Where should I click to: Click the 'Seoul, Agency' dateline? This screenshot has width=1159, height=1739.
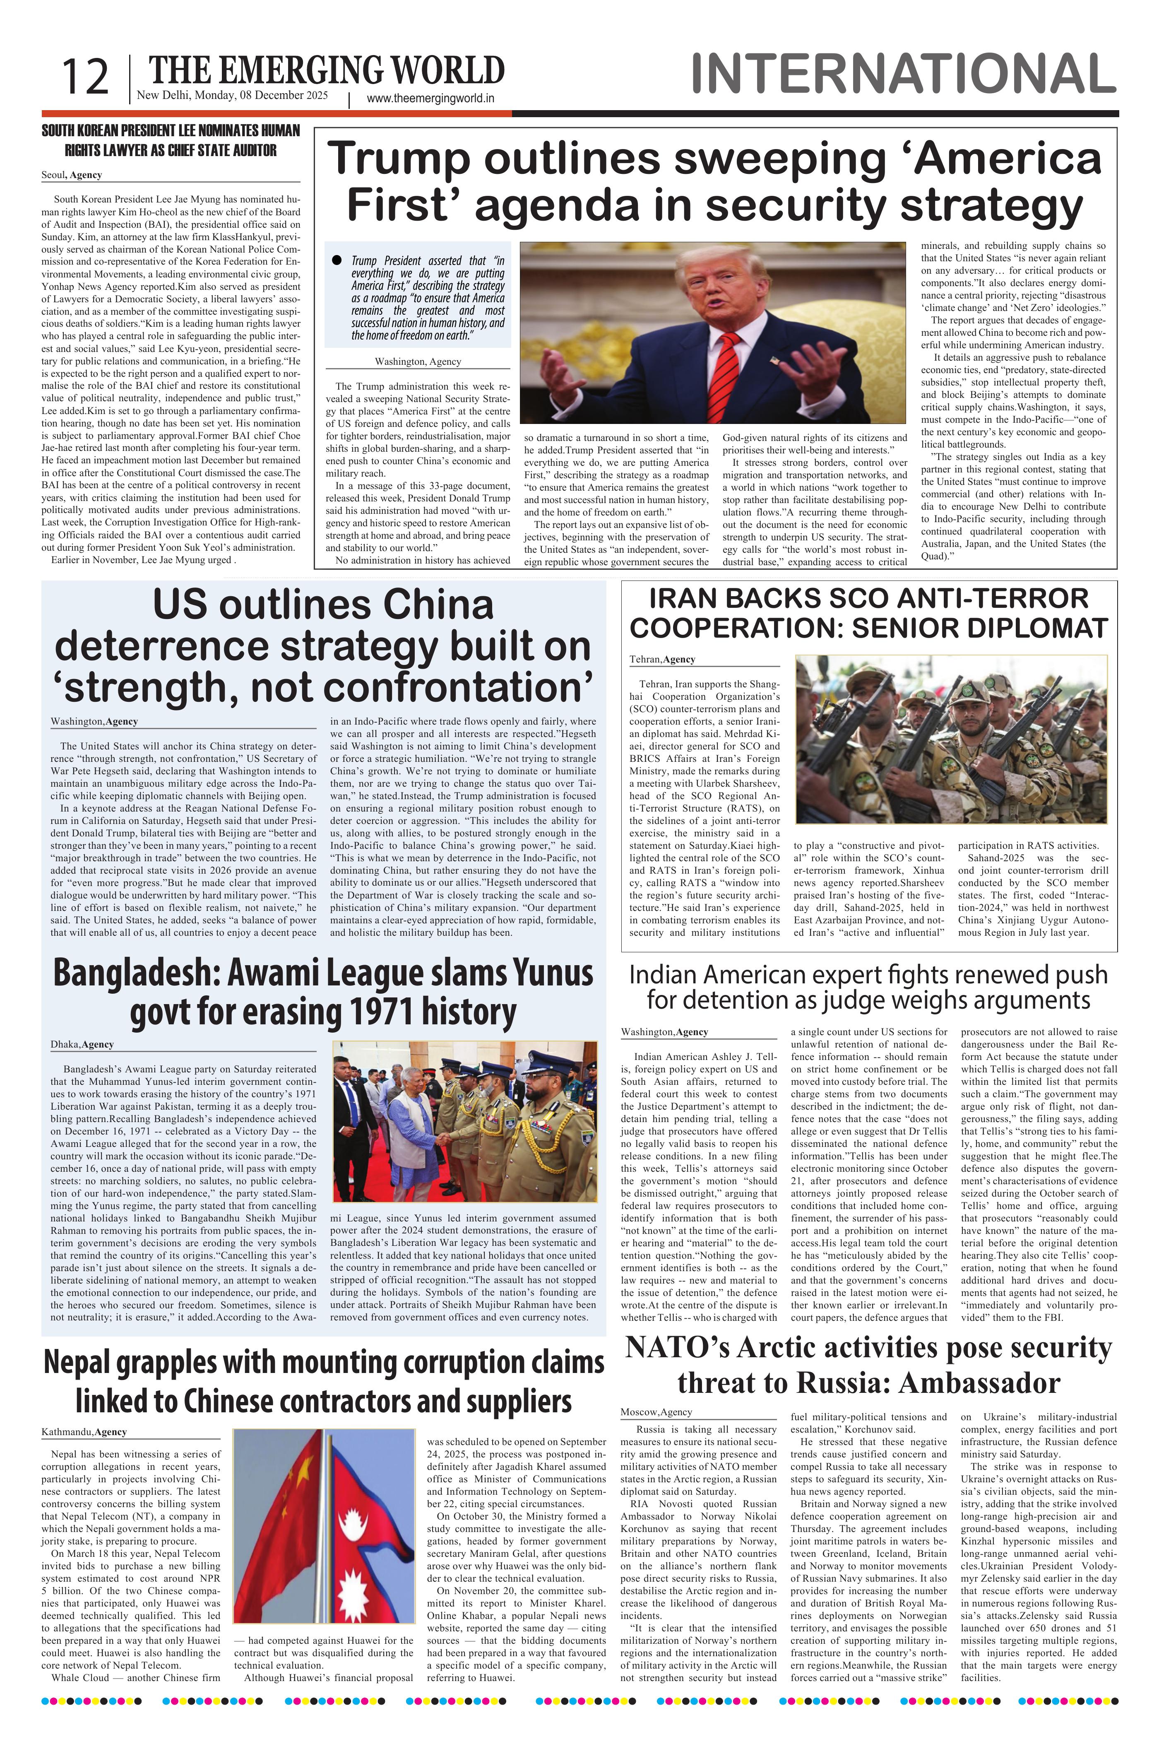coord(72,175)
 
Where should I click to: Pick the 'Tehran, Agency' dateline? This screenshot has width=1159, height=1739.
coord(662,659)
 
